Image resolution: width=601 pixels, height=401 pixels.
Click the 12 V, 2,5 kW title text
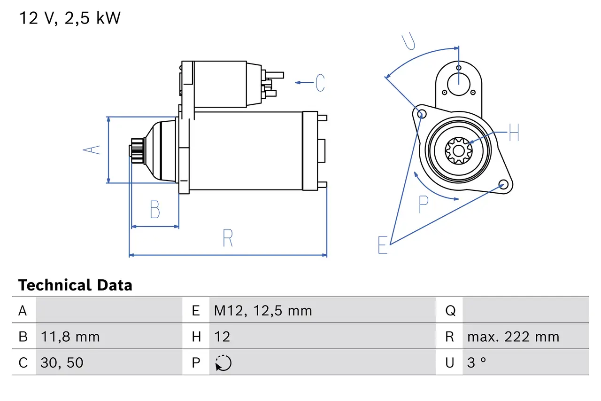[x=69, y=18]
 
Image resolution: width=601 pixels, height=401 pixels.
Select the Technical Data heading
[x=75, y=285]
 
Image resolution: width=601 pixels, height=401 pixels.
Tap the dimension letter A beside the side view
[x=92, y=149]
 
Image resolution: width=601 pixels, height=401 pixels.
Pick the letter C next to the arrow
[x=320, y=83]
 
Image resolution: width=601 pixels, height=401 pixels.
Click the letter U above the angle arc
[x=409, y=42]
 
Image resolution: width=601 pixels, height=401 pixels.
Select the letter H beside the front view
[x=514, y=133]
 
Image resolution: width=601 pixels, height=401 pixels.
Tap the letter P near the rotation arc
[x=424, y=204]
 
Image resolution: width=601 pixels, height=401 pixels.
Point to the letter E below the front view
[x=383, y=245]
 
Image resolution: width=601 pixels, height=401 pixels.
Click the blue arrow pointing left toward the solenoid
[x=304, y=83]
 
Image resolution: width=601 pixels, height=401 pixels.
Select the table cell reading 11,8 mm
[x=70, y=337]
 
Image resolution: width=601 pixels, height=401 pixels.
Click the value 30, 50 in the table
[x=62, y=362]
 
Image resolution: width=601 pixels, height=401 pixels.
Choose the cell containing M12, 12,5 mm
[x=263, y=311]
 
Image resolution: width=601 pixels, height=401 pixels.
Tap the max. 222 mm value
[x=513, y=337]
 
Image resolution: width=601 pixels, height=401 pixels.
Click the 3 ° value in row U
[x=477, y=362]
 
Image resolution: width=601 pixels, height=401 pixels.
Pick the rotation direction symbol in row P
[x=223, y=363]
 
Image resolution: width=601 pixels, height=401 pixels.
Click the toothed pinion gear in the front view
[x=458, y=150]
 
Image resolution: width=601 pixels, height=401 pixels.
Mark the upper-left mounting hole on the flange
[x=421, y=113]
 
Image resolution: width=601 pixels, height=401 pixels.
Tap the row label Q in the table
[x=450, y=311]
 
